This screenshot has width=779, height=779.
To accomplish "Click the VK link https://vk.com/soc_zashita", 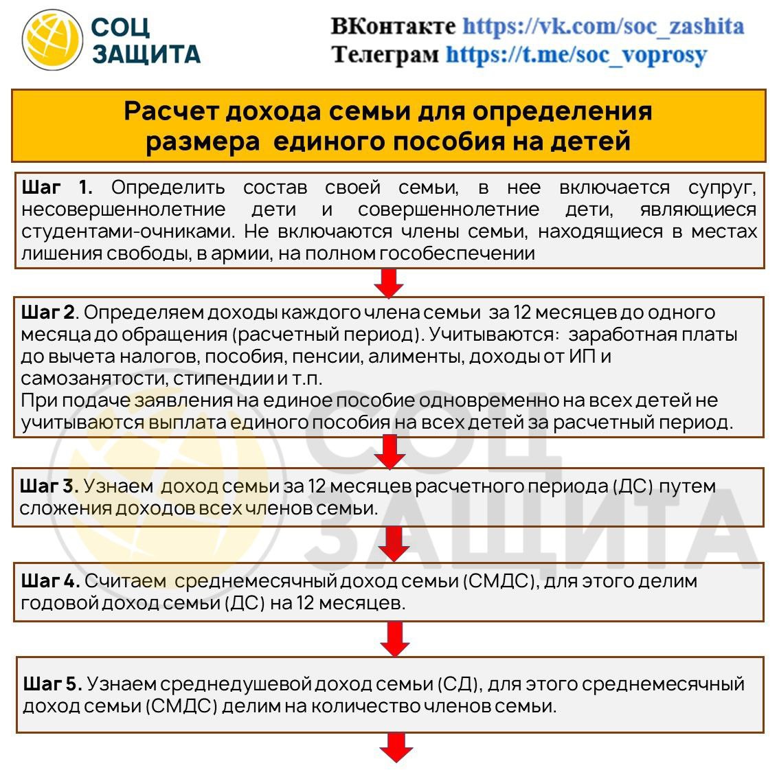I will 602,27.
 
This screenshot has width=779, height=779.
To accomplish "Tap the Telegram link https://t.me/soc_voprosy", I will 576,54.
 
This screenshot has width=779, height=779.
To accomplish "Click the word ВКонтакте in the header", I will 393,27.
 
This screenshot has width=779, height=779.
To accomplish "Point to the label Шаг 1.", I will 57,188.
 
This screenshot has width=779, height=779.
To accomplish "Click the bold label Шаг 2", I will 48,313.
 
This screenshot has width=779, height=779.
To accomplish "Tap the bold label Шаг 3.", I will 48,486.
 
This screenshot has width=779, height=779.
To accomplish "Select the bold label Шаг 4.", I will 49,581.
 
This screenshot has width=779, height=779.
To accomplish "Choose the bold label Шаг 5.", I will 52,684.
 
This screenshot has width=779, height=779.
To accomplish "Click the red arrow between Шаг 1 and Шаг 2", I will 389,282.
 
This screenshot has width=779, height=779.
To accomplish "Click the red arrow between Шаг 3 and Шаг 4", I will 394,544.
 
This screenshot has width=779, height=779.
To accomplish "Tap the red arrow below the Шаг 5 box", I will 396,747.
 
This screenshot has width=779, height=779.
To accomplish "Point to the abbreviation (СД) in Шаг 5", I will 458,684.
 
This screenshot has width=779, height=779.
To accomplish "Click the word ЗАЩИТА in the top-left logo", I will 146,54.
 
